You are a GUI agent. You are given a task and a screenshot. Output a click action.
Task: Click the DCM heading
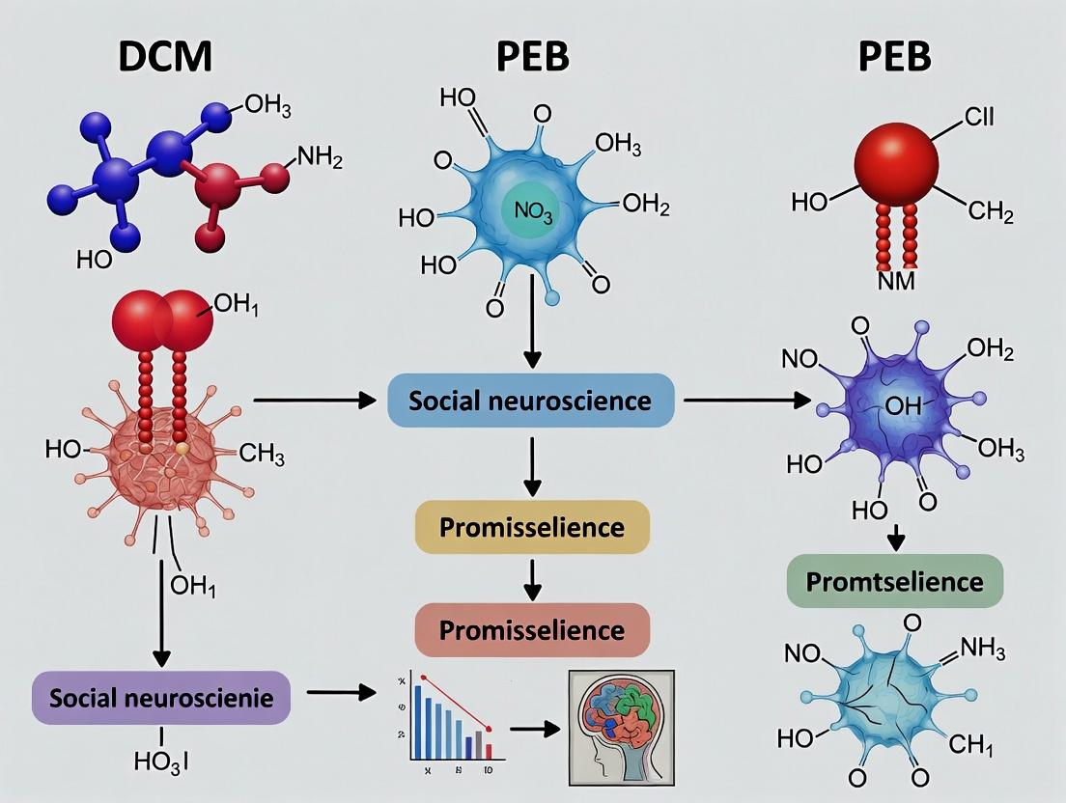click(165, 57)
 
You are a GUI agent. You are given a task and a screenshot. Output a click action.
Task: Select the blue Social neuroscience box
click(530, 400)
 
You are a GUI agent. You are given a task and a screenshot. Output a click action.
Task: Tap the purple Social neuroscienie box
click(161, 697)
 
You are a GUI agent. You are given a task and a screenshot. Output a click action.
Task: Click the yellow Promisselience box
click(532, 527)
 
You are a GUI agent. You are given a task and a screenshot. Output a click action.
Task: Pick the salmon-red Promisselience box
click(532, 630)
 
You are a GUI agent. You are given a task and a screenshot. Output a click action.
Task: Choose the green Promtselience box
click(895, 581)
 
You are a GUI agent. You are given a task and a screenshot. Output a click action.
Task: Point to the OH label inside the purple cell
click(903, 406)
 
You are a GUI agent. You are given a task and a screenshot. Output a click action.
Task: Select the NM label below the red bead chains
click(895, 283)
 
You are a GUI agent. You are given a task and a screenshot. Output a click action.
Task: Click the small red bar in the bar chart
click(489, 751)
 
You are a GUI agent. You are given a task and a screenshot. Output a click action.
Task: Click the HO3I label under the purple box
click(160, 761)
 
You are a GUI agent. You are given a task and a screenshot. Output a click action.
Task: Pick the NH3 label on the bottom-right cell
click(978, 653)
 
